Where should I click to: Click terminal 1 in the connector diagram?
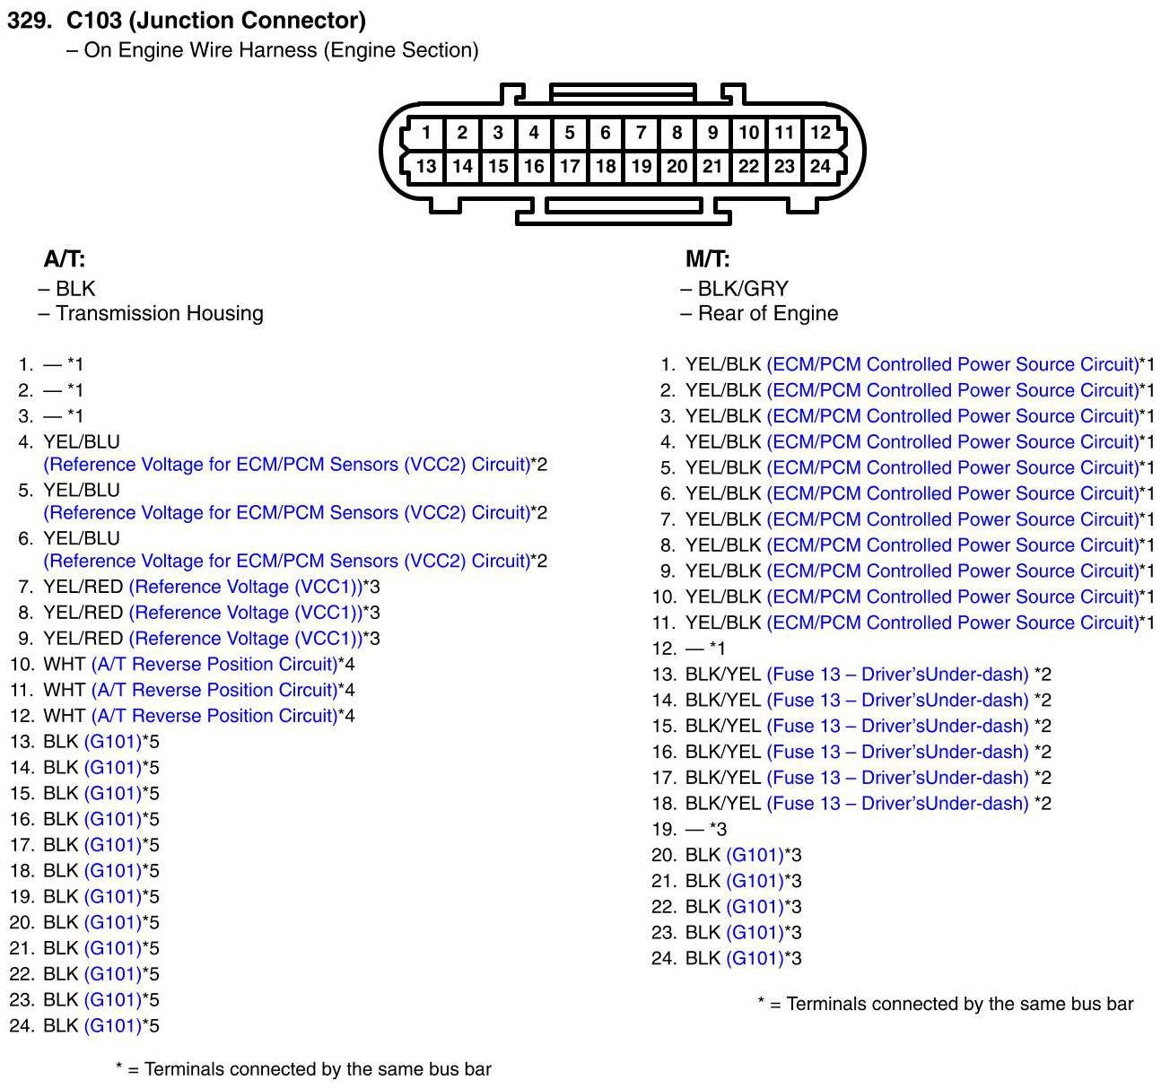[426, 133]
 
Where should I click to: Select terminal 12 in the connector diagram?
[820, 133]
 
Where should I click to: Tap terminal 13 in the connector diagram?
[426, 166]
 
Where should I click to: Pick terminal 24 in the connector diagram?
[820, 166]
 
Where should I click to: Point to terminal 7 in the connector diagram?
[641, 133]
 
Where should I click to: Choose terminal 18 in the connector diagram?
[606, 166]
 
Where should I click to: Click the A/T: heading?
[65, 259]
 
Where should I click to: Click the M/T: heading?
[707, 259]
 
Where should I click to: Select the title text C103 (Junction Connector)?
[216, 20]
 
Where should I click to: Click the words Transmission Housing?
[159, 313]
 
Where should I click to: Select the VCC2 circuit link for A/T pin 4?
[286, 465]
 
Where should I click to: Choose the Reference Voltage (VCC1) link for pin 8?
[245, 613]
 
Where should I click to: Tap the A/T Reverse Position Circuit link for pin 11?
[214, 690]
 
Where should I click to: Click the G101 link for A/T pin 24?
[113, 1025]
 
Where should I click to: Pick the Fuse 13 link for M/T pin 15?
[897, 726]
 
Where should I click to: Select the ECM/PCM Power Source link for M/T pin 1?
[952, 364]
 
